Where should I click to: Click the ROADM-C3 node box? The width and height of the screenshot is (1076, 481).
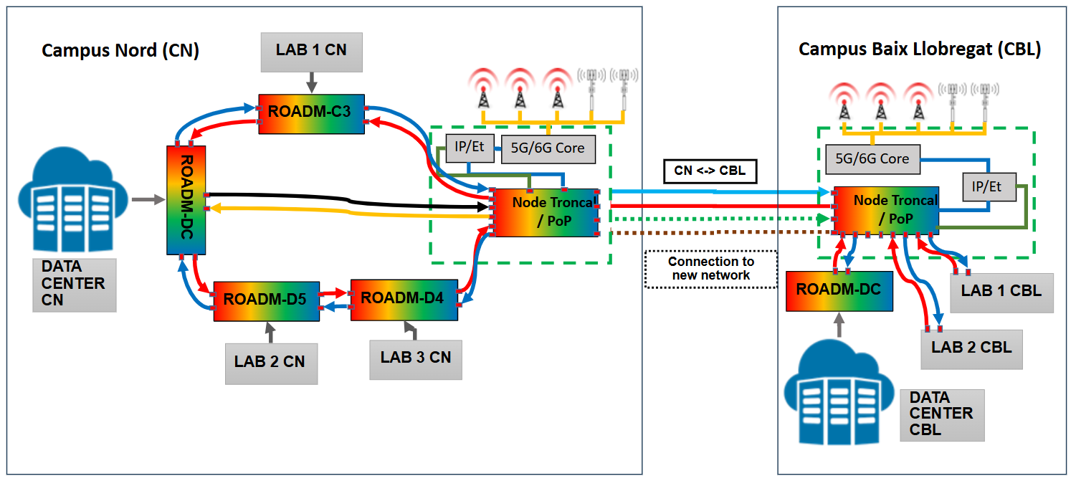click(x=311, y=113)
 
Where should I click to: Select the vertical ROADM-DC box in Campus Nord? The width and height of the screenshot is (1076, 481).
click(x=186, y=200)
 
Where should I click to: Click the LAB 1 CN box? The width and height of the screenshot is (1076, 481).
click(x=311, y=51)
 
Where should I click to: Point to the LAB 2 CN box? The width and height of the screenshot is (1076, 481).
click(x=270, y=361)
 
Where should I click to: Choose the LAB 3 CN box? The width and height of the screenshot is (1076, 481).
click(x=416, y=357)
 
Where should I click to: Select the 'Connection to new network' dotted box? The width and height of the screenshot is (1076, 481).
click(x=710, y=269)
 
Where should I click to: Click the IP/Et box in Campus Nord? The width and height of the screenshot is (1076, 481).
click(x=469, y=148)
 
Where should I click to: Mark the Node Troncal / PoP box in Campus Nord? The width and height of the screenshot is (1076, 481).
click(x=545, y=211)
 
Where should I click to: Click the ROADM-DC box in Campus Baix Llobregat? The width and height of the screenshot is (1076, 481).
click(x=839, y=290)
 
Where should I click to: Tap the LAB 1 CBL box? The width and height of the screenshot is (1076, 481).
click(x=1001, y=292)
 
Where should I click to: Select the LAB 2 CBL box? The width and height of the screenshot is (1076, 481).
click(x=971, y=348)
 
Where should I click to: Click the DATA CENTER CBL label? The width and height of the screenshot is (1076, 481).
click(x=941, y=414)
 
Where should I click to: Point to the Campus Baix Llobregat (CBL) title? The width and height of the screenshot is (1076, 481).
click(x=919, y=49)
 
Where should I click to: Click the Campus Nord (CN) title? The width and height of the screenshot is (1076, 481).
click(x=120, y=50)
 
